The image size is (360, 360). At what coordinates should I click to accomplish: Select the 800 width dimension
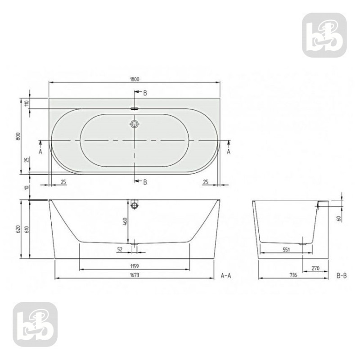pos(17,136)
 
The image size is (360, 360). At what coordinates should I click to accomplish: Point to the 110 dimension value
pos(27,103)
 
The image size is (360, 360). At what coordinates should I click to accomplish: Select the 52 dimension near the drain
pos(120,249)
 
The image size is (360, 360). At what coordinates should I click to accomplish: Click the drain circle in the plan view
pos(135,124)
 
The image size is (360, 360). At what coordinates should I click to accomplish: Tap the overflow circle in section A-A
pos(135,206)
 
